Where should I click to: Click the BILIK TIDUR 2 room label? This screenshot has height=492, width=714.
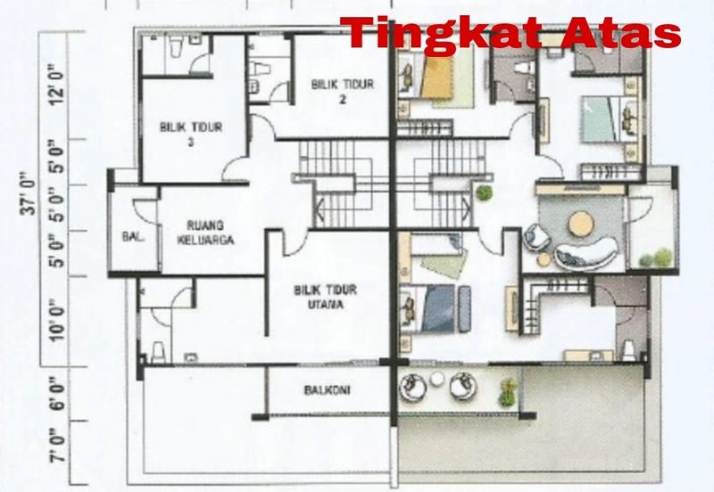click(343, 91)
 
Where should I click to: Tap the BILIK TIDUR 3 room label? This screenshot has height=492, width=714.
click(191, 134)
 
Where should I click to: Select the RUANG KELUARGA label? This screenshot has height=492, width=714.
click(205, 233)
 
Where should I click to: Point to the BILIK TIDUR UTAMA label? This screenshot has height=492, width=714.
click(325, 297)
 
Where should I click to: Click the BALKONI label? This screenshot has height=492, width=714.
click(327, 390)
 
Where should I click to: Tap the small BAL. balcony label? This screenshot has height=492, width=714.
click(133, 236)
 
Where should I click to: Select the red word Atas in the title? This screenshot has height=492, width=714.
click(620, 33)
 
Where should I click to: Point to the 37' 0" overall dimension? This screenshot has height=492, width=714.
click(30, 193)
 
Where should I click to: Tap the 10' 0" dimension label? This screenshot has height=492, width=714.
click(57, 320)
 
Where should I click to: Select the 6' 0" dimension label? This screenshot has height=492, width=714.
click(57, 393)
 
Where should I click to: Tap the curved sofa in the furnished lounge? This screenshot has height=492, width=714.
click(586, 253)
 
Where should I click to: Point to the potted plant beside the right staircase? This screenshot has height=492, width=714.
click(485, 193)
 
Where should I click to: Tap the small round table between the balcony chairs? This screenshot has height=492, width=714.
click(437, 378)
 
